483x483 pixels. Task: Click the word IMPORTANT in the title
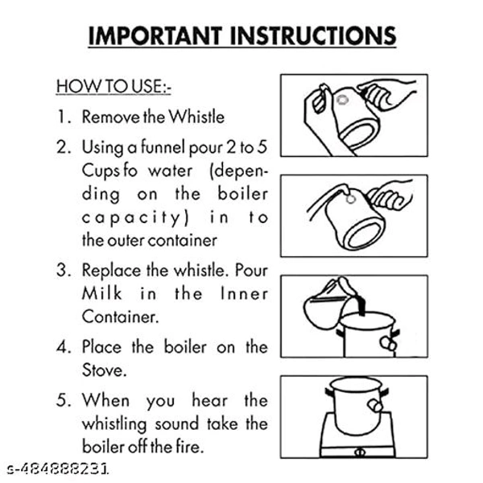(155, 35)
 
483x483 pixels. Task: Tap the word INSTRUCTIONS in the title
(313, 35)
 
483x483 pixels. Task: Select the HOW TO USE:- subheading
(114, 86)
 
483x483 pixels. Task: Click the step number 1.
(64, 117)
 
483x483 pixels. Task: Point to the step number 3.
(64, 270)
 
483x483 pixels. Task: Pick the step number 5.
(64, 400)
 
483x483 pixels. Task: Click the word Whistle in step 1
(196, 117)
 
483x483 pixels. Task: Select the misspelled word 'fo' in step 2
(130, 171)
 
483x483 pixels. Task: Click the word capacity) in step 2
(135, 218)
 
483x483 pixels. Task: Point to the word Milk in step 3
(101, 293)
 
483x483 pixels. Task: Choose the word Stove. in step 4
(104, 370)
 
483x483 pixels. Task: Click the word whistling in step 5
(114, 424)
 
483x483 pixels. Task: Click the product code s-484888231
(58, 469)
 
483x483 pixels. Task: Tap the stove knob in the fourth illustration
(359, 452)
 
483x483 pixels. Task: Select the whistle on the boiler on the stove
(375, 406)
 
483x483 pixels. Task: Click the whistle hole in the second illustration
(350, 200)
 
